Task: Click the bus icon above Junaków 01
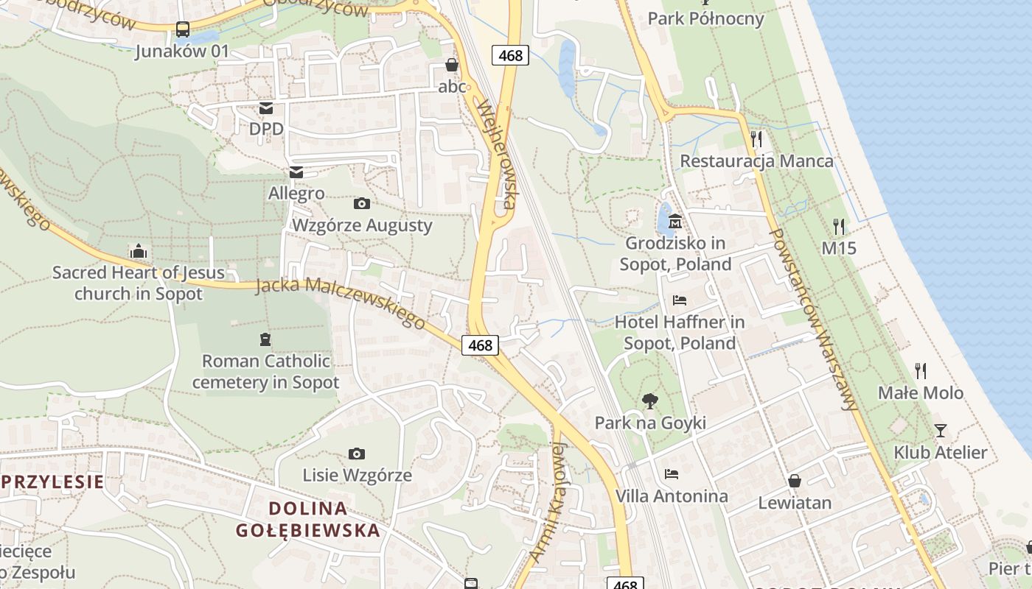[183, 29]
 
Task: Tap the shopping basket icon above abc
[452, 65]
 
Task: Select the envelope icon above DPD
[265, 108]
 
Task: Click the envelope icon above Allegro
[296, 172]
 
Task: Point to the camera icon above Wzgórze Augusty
[361, 203]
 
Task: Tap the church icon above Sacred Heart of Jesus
[138, 252]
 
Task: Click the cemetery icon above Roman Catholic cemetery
[265, 339]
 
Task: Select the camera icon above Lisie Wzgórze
[356, 454]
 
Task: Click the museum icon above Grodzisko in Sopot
[674, 221]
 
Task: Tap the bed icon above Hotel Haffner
[680, 300]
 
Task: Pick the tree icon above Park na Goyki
[649, 401]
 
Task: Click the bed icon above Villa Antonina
[671, 473]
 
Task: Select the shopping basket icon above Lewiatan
[795, 481]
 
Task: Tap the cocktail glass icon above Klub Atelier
[940, 431]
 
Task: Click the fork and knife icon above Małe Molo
[920, 370]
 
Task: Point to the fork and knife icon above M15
[839, 226]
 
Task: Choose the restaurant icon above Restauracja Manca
[756, 138]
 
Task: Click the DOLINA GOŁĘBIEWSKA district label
[307, 519]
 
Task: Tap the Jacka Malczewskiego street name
[341, 303]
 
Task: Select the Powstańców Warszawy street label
[814, 319]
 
